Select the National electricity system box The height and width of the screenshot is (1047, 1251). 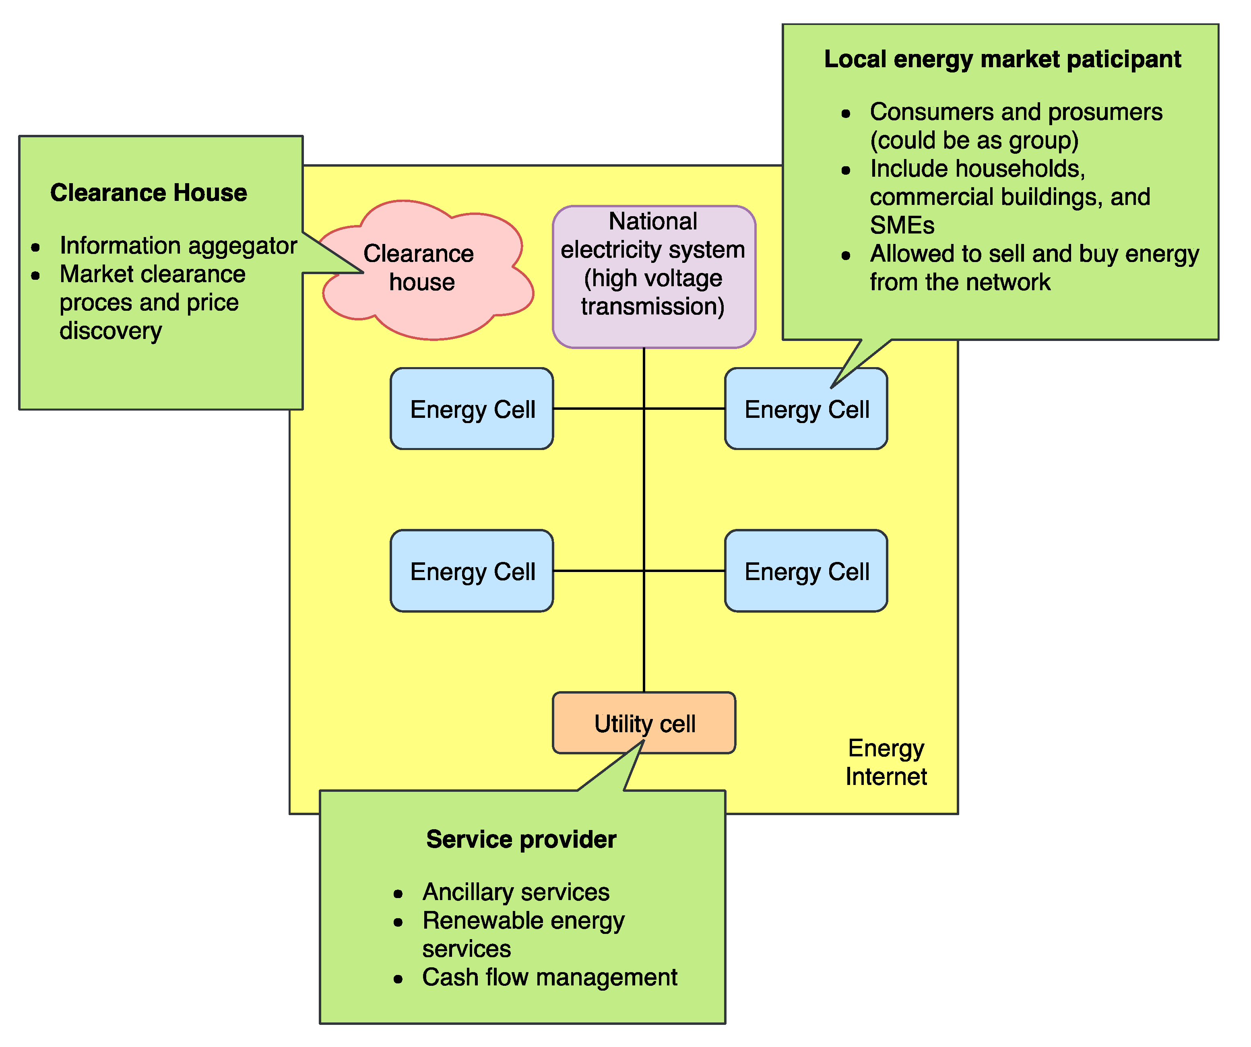(x=654, y=276)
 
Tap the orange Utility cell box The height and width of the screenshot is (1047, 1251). (x=644, y=723)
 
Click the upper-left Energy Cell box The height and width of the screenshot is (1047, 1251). (x=472, y=409)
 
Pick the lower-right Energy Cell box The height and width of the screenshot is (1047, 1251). (x=806, y=571)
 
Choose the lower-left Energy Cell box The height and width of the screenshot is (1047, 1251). (x=472, y=571)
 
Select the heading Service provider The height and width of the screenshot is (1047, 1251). (x=521, y=839)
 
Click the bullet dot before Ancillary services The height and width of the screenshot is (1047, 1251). (x=398, y=894)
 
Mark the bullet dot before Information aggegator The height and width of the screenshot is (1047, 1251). (x=36, y=247)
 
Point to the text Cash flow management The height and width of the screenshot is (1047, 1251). (x=549, y=977)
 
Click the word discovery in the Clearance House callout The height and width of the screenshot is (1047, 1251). (x=111, y=331)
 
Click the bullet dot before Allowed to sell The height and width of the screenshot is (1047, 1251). (x=846, y=256)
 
